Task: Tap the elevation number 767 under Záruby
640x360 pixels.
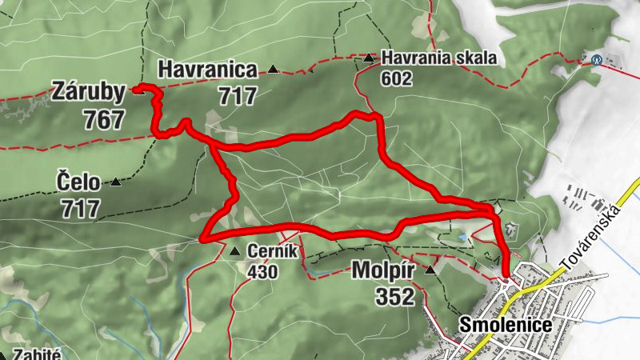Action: pyautogui.click(x=103, y=120)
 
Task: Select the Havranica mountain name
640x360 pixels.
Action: pyautogui.click(x=207, y=70)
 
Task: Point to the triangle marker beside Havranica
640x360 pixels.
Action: pyautogui.click(x=273, y=70)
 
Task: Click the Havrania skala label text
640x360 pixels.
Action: pyautogui.click(x=439, y=58)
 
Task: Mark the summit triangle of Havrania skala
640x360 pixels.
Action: pyautogui.click(x=368, y=58)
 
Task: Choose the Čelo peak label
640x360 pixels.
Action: pyautogui.click(x=78, y=182)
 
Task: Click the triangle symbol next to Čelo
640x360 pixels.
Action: pyautogui.click(x=116, y=182)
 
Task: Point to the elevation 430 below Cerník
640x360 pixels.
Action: pyautogui.click(x=262, y=272)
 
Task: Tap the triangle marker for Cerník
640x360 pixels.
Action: pyautogui.click(x=234, y=252)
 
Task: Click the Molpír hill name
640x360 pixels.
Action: pyautogui.click(x=382, y=271)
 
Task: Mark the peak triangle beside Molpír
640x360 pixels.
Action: pyautogui.click(x=430, y=270)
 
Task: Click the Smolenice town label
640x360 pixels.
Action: pyautogui.click(x=495, y=325)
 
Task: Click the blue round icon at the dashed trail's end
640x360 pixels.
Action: pyautogui.click(x=595, y=59)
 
